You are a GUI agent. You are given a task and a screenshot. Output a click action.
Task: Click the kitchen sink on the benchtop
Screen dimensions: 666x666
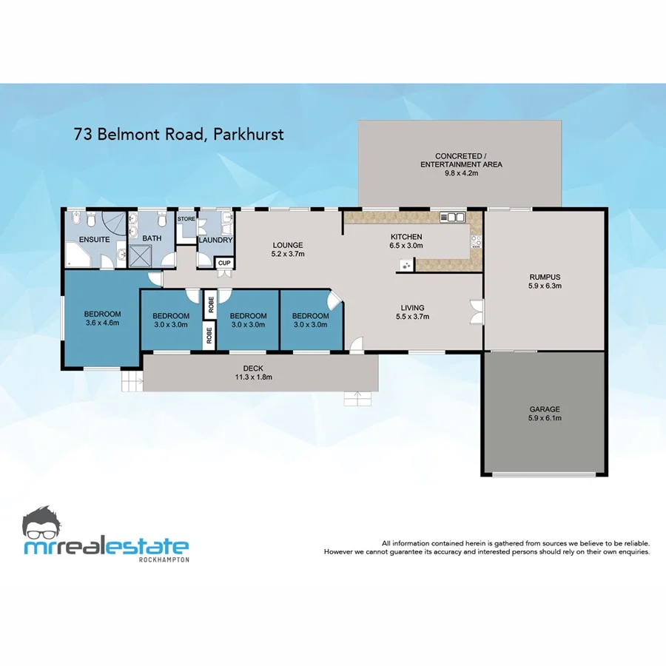pyautogui.click(x=451, y=217)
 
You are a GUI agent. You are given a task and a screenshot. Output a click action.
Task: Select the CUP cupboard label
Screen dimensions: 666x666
pyautogui.click(x=223, y=263)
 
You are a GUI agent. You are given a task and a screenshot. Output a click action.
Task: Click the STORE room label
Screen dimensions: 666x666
pyautogui.click(x=186, y=219)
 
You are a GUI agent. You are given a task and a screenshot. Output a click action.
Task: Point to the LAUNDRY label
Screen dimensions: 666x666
pyautogui.click(x=216, y=240)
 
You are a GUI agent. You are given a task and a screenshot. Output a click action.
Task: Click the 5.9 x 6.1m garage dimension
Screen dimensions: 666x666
pyautogui.click(x=545, y=419)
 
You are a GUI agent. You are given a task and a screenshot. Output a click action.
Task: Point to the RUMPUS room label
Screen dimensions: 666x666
pyautogui.click(x=544, y=277)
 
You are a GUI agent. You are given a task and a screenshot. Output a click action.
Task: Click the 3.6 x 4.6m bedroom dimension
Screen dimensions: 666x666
pyautogui.click(x=102, y=323)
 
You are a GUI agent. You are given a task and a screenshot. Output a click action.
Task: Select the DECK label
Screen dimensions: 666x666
pyautogui.click(x=253, y=369)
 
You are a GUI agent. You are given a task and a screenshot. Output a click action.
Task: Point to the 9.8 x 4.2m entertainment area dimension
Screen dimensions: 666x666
pyautogui.click(x=460, y=173)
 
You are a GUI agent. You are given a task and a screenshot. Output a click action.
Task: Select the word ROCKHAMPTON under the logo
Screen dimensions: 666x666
pyautogui.click(x=164, y=559)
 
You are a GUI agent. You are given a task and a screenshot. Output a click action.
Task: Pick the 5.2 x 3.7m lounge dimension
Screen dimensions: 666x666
pyautogui.click(x=289, y=254)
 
